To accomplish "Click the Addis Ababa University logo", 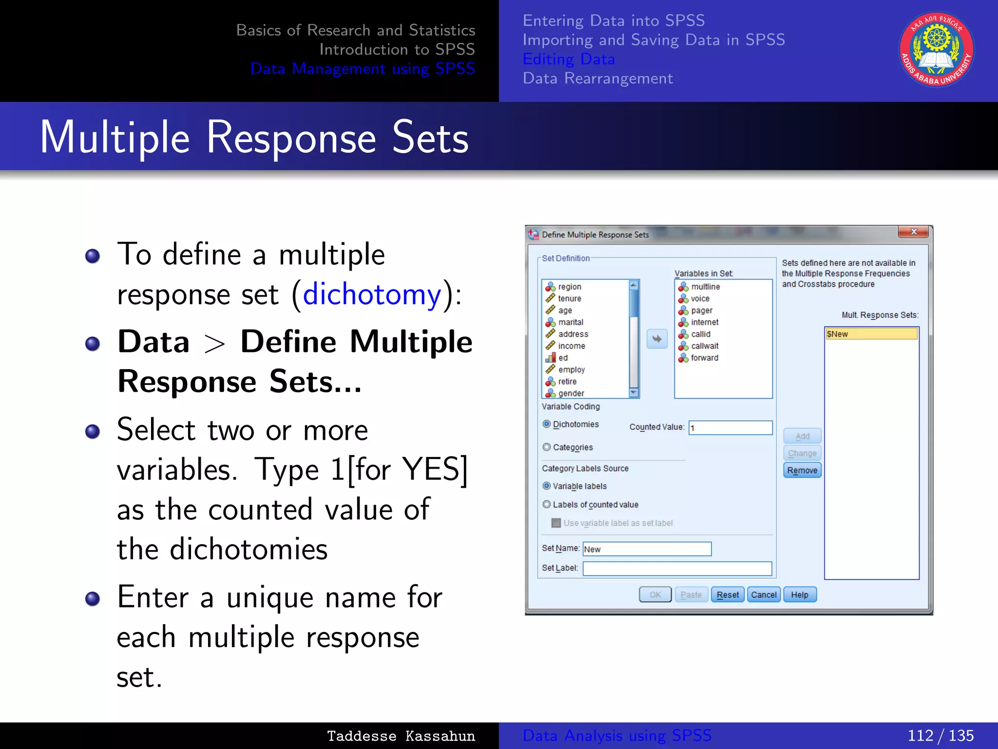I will point(936,50).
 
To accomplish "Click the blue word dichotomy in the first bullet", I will point(372,295).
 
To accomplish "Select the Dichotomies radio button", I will point(547,424).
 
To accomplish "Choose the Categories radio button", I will point(547,447).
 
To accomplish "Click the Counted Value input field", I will point(730,428).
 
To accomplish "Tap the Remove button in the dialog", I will point(802,471).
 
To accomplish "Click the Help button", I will point(799,595).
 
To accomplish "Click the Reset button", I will point(728,595).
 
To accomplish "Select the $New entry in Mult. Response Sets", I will point(871,334).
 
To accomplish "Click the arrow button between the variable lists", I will point(657,339).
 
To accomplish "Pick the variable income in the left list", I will point(571,346).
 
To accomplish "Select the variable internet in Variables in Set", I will point(704,322).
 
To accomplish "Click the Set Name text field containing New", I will point(647,549).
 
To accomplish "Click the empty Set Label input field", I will point(677,569).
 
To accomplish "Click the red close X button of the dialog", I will point(913,232).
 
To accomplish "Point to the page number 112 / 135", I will point(940,735).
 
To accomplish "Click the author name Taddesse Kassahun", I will point(401,736).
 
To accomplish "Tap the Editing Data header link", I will point(569,59).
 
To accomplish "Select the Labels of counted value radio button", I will point(547,505).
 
